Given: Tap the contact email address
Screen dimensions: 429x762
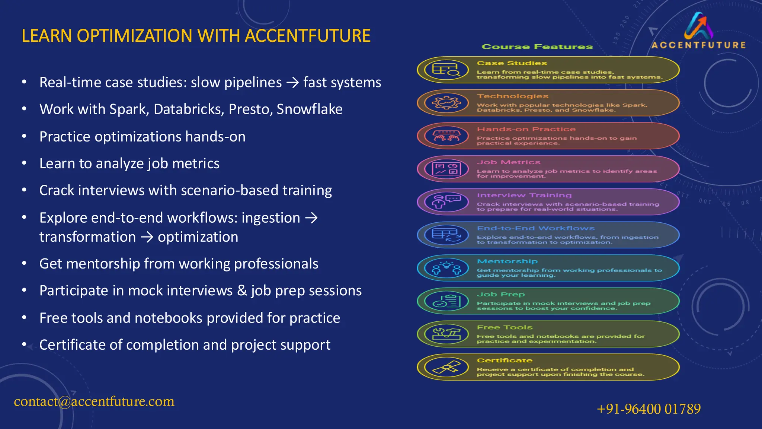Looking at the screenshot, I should (x=94, y=401).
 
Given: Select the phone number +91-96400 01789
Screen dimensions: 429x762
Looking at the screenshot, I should (x=649, y=409).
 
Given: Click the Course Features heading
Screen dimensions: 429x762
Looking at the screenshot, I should (x=537, y=47).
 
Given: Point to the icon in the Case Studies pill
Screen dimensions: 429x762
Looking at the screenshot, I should (x=446, y=70).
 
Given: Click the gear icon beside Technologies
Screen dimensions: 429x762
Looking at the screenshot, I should (x=446, y=103).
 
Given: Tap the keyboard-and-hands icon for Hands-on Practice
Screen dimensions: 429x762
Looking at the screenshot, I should (x=446, y=136).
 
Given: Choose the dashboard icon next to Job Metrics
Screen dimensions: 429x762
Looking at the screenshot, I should (x=446, y=169).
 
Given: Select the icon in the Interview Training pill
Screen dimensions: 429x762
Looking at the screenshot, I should (x=446, y=202).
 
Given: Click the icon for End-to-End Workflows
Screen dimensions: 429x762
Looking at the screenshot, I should (x=446, y=235).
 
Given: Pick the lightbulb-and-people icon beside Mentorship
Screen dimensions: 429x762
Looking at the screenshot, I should (x=446, y=268).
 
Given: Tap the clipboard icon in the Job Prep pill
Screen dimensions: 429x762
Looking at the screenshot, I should (x=446, y=301).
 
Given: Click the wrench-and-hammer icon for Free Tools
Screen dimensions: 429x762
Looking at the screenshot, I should (x=446, y=334).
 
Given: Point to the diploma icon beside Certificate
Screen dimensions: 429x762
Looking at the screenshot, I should (x=446, y=367).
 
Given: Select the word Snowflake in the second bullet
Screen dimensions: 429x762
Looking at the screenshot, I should (x=309, y=109).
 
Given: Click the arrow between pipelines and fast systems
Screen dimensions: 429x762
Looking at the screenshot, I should (x=292, y=83).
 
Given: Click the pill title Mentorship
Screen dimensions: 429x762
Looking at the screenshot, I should (x=507, y=261).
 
